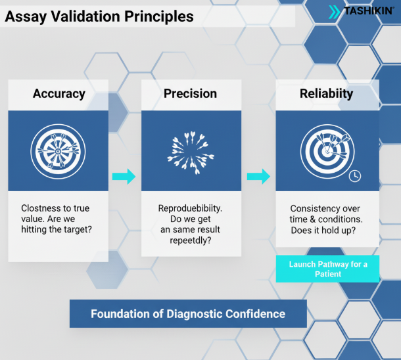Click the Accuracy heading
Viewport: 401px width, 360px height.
(59, 93)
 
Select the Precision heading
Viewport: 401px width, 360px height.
(190, 93)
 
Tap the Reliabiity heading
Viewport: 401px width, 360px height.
(326, 93)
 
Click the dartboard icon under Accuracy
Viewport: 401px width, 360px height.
(58, 150)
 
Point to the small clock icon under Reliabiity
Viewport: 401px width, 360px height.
(355, 176)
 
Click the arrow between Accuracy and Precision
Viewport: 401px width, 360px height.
(123, 176)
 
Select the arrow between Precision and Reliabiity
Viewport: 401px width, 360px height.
(258, 176)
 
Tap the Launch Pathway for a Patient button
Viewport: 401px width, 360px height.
(328, 269)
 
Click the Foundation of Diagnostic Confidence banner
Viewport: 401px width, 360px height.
(188, 313)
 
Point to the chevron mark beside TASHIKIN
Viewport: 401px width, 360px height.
(335, 11)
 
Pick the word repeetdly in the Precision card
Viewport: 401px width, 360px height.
(190, 241)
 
